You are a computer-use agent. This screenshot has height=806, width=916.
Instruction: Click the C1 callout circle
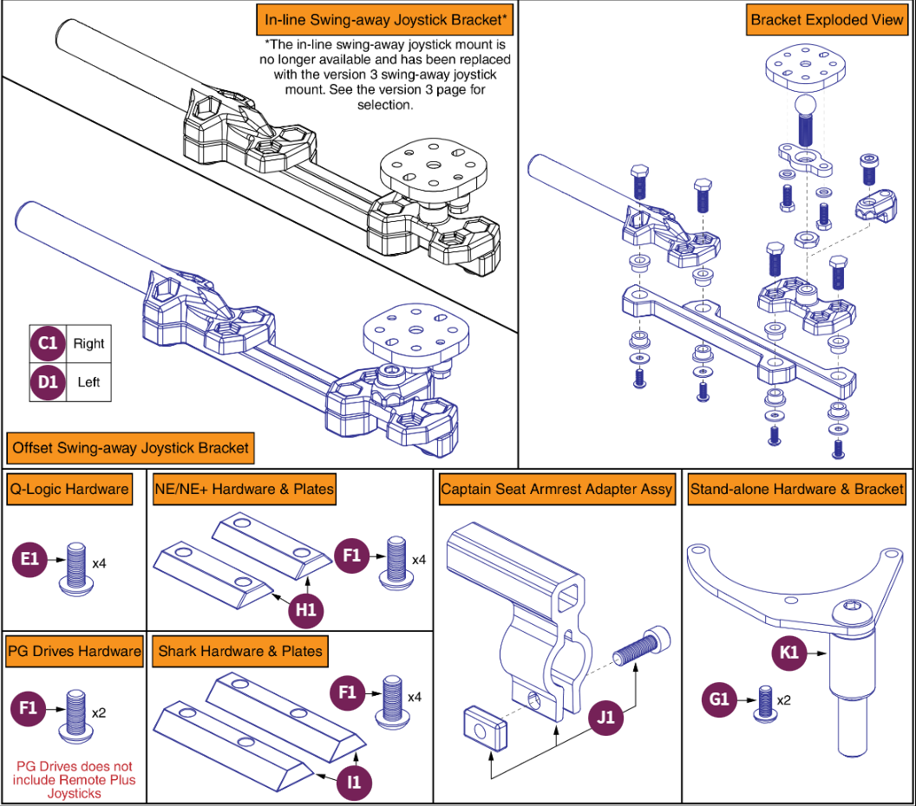[48, 343]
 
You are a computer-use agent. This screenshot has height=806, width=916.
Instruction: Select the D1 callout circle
[48, 382]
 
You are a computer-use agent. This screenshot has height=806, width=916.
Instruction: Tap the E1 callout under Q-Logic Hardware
[29, 559]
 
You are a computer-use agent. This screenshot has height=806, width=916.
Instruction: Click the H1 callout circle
[305, 610]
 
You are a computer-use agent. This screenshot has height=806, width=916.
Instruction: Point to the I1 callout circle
[354, 782]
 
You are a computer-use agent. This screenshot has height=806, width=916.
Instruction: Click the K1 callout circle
[788, 652]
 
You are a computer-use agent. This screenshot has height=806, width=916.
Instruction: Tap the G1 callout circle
[719, 699]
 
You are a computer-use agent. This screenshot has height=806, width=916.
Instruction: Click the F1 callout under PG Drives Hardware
[28, 709]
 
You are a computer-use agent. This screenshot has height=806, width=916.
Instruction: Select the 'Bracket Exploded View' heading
[827, 20]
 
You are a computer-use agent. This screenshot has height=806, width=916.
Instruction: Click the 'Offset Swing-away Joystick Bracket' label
[130, 448]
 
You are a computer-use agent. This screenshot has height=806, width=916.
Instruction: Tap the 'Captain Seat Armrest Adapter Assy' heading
[556, 489]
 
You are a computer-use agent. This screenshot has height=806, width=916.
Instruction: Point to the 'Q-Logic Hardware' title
[69, 489]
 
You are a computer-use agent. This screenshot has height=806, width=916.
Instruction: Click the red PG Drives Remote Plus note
[75, 780]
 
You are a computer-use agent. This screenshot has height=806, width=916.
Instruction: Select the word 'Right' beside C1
[88, 344]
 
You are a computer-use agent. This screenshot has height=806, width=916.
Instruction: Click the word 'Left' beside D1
[88, 382]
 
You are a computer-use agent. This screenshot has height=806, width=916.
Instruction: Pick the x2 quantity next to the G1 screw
[784, 699]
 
